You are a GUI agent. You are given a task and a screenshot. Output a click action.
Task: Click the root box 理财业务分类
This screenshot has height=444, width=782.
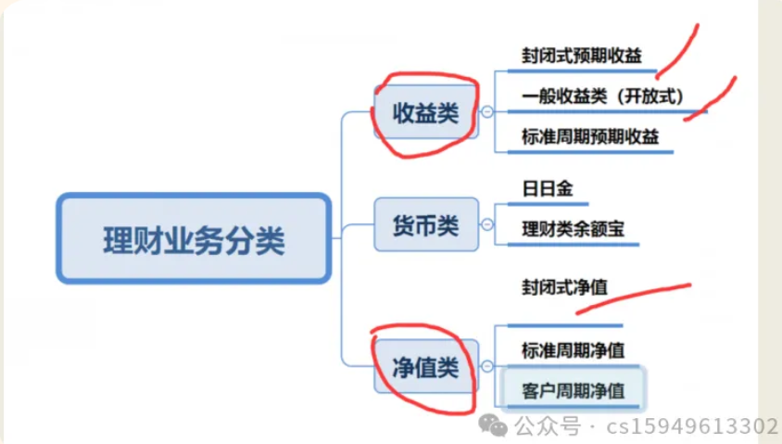[x=193, y=238]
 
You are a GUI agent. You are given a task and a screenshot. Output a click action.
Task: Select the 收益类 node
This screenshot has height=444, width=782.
[x=426, y=113]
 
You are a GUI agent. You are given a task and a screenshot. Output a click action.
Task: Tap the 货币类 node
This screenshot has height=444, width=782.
[x=426, y=225]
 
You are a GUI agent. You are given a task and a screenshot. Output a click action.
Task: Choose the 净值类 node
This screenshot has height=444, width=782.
[x=426, y=367]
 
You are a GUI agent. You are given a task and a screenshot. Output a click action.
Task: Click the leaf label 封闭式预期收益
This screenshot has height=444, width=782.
[x=580, y=55]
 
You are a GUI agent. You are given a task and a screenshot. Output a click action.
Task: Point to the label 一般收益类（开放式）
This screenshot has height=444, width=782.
[x=601, y=95]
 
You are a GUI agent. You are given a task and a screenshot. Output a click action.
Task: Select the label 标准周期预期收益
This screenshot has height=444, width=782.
[x=589, y=136]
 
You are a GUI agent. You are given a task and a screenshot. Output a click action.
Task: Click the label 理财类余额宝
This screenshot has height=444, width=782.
[x=568, y=228]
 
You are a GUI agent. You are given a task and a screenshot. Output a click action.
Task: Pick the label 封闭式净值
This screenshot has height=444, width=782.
[x=563, y=287]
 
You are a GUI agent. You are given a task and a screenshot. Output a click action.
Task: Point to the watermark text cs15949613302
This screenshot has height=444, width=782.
[x=691, y=426]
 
